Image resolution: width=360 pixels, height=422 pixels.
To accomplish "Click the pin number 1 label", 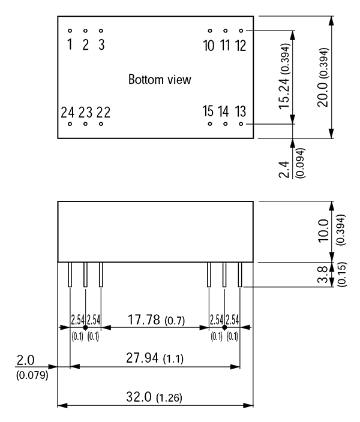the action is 70,44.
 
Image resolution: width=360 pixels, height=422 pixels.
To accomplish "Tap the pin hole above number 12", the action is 241,31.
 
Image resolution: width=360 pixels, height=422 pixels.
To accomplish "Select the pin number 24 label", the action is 67,112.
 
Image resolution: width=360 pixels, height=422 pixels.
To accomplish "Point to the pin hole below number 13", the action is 241,124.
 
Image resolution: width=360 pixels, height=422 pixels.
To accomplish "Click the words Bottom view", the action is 160,79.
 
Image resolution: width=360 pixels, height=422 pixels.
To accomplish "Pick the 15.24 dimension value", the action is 284,92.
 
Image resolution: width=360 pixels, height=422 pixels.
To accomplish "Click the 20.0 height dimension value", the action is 323,95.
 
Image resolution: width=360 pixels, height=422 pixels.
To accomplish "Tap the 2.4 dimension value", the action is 284,170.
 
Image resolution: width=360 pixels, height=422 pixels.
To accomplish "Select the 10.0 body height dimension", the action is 323,231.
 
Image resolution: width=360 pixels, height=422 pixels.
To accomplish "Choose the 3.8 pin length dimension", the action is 323,275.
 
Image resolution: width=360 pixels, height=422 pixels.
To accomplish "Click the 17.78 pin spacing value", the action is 144,319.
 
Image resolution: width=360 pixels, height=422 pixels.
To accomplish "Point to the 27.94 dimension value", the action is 142,358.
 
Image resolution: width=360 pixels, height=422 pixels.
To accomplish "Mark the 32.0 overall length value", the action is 139,397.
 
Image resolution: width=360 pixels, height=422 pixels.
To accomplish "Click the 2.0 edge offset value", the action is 26,360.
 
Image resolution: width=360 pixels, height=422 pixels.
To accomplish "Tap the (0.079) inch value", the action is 32,375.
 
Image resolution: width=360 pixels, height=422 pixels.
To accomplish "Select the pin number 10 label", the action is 209,45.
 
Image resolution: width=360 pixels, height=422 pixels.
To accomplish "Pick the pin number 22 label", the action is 103,112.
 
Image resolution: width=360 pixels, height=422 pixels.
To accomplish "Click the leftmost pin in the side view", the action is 70,275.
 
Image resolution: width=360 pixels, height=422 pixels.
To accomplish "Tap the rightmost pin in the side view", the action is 240,275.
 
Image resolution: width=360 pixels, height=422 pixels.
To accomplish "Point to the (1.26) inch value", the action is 169,398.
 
